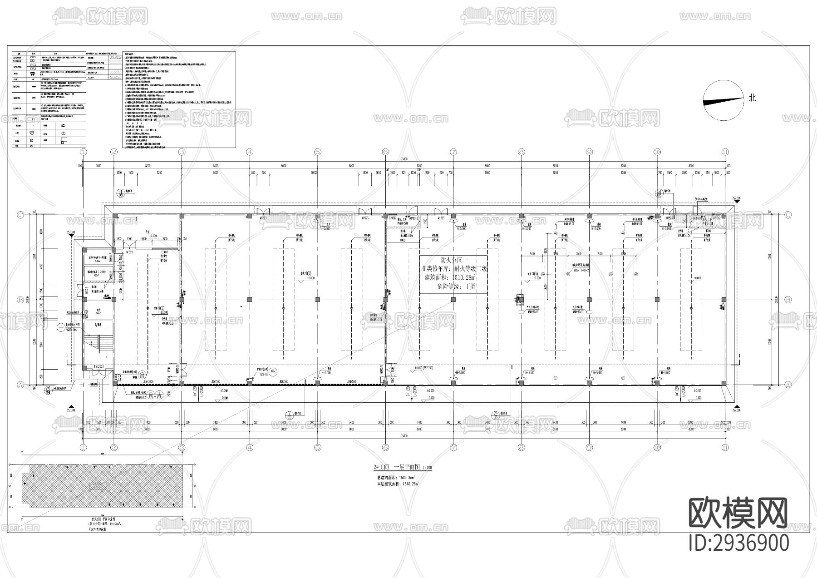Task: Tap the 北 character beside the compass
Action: tap(752, 98)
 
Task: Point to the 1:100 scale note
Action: tap(427, 468)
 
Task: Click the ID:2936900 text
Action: tap(739, 543)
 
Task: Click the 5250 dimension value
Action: tap(159, 173)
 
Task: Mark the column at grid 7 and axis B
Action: tap(453, 300)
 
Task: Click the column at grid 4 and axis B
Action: tap(250, 300)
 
